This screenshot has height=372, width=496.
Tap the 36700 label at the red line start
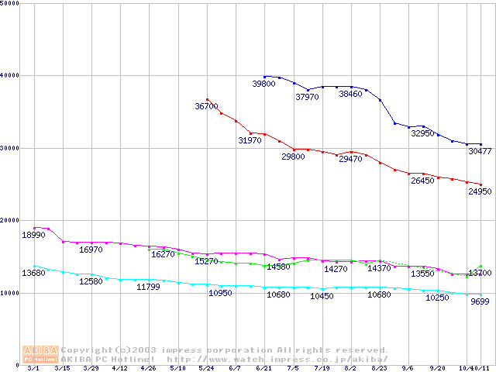pyautogui.click(x=206, y=106)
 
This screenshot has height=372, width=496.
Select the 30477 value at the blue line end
pyautogui.click(x=480, y=151)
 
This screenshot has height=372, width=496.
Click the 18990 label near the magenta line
pyautogui.click(x=33, y=235)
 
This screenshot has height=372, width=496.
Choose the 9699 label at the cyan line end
pyautogui.click(x=480, y=301)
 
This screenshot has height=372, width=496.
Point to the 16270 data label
pyautogui.click(x=163, y=254)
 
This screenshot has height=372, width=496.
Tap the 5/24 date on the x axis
pyautogui.click(x=206, y=368)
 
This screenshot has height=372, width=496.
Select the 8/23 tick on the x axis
pyautogui.click(x=380, y=368)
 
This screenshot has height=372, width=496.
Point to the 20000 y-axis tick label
pyautogui.click(x=10, y=221)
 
